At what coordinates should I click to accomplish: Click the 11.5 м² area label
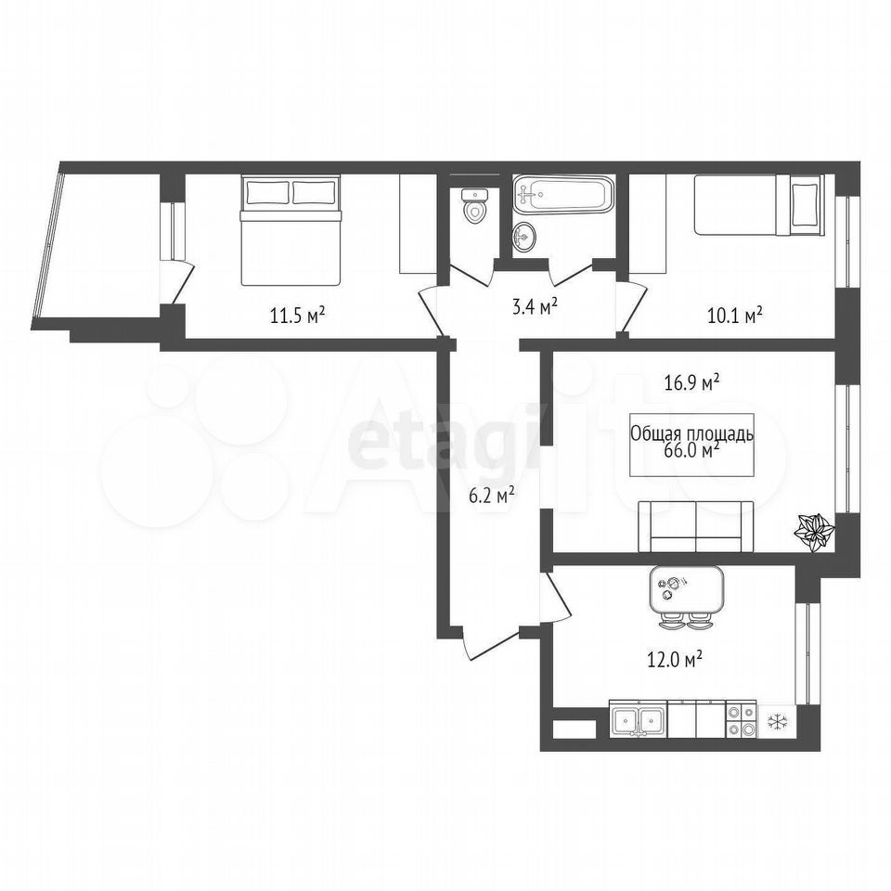[x=298, y=315]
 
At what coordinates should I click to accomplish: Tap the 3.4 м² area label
[x=535, y=307]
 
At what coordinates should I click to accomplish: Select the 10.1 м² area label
[x=735, y=315]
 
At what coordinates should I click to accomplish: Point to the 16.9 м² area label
[x=692, y=382]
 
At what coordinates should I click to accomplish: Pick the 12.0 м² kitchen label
[x=675, y=660]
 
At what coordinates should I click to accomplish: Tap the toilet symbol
[x=474, y=207]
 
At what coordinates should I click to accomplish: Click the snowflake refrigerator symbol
[x=776, y=722]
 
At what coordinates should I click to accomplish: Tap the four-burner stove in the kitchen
[x=742, y=721]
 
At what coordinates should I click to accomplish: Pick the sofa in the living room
[x=696, y=526]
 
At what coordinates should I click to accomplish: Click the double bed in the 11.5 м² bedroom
[x=291, y=230]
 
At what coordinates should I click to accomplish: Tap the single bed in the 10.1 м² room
[x=758, y=204]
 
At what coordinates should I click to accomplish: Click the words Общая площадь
[x=692, y=434]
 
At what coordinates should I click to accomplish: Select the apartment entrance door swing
[x=492, y=645]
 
